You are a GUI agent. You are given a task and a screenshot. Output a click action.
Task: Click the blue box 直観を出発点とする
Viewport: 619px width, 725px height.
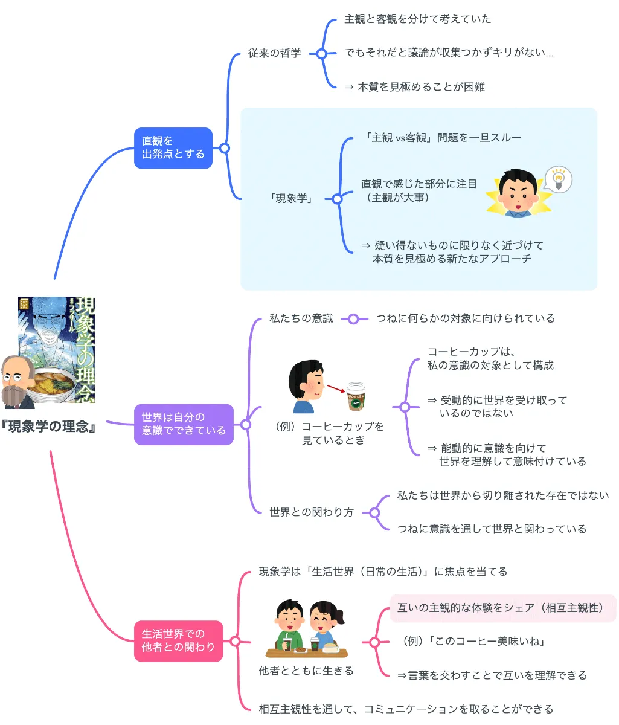[173, 147]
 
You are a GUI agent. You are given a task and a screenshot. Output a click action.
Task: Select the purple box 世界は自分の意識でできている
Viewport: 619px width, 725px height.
[184, 424]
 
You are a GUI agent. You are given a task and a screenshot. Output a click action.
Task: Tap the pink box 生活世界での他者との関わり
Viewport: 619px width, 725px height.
[178, 640]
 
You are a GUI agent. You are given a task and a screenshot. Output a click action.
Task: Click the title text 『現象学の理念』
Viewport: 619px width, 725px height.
[50, 427]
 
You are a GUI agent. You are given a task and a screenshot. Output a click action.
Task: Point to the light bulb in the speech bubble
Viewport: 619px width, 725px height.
[559, 179]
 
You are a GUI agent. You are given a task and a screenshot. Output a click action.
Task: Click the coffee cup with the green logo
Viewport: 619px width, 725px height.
[357, 397]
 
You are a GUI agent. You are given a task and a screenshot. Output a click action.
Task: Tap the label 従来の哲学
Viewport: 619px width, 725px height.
[274, 53]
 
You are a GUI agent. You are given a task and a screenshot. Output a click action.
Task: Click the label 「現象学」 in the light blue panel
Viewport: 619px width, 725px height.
[291, 198]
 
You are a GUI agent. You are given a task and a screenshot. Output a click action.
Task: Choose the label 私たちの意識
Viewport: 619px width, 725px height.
[301, 318]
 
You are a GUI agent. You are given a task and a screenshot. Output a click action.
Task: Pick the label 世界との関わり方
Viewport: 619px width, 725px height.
[311, 512]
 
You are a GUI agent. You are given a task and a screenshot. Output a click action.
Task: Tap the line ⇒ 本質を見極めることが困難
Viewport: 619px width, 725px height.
[414, 87]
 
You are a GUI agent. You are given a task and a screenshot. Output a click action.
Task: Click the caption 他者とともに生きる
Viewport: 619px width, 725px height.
[306, 671]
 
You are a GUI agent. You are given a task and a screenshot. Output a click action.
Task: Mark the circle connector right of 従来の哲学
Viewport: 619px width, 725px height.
[322, 53]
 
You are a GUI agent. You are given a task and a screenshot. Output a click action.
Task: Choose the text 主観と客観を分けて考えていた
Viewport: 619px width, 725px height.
[418, 19]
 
